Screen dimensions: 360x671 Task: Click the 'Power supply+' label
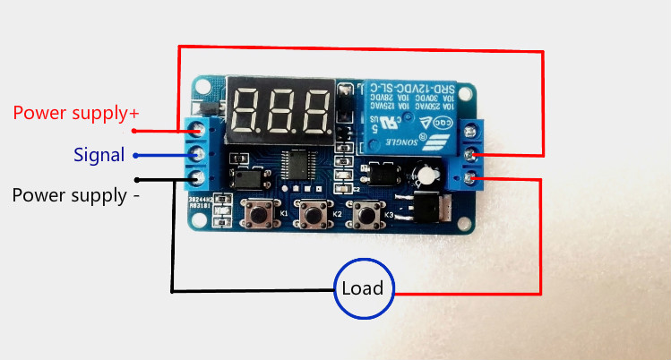pos(76,114)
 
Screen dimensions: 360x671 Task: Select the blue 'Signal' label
pos(99,155)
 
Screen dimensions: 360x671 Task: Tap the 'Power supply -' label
pos(75,194)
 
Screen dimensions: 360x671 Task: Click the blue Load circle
pos(363,288)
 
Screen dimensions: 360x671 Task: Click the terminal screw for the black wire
pos(197,176)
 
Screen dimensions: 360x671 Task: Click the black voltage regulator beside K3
pos(425,208)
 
